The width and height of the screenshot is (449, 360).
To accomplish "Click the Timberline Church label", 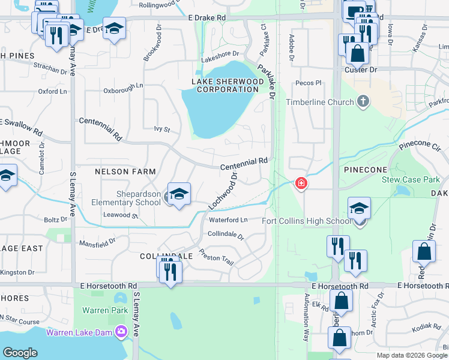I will point(320,102).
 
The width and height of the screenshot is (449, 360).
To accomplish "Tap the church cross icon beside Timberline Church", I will point(363,101).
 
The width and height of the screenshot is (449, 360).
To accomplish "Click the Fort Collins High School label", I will point(306,221).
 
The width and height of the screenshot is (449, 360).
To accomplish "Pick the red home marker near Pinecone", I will point(301,184).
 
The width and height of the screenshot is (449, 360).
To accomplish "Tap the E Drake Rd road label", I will point(206,19).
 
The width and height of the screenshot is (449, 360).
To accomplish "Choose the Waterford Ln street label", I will point(228,220).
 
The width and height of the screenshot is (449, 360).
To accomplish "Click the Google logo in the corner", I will point(20,353).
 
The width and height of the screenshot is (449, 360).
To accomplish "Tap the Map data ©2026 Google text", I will point(411,355).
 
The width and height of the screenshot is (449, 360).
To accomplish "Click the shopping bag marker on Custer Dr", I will point(357,53).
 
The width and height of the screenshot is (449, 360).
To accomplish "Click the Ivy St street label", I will point(162,129).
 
